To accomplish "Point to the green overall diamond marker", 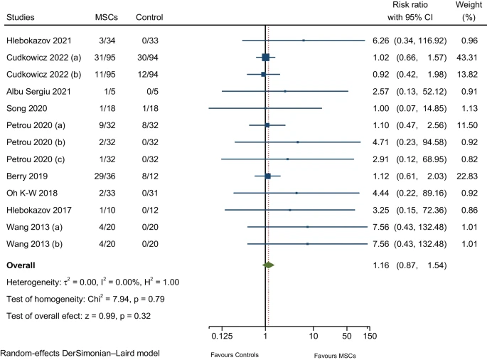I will coord(268,265).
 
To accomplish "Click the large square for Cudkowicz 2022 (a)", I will coord(266,57).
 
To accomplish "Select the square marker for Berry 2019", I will coord(268,176).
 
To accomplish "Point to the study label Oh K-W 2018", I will coord(33,193).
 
